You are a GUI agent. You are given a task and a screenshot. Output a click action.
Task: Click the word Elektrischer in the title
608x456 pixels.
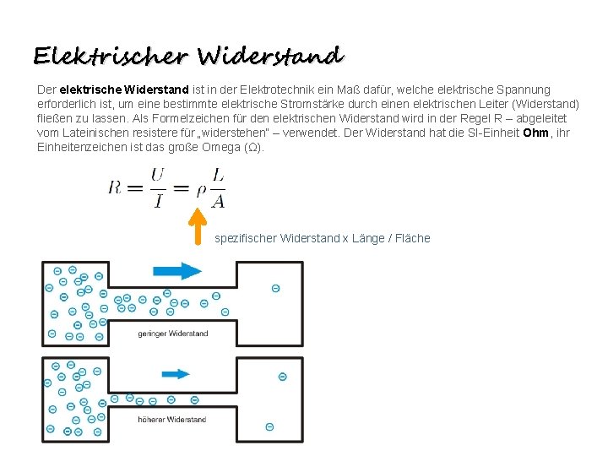tap(111, 56)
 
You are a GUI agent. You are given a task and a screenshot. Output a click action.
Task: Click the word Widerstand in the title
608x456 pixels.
tap(270, 56)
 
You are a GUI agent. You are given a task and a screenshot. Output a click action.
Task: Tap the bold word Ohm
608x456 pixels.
tap(535, 133)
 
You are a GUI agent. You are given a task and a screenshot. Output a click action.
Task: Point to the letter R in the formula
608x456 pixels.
tap(115, 187)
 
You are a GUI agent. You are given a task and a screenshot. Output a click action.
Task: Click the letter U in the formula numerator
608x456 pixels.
tap(157, 175)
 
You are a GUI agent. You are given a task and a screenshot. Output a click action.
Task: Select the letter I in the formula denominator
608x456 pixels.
tap(158, 200)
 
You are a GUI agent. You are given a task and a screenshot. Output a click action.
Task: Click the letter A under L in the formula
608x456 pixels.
tap(218, 200)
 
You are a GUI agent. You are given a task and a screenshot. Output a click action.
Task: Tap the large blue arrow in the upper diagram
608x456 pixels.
tap(177, 270)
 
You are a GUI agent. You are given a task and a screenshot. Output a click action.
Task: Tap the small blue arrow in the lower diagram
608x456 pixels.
tap(175, 373)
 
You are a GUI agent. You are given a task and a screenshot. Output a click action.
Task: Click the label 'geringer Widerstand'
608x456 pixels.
tap(172, 334)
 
